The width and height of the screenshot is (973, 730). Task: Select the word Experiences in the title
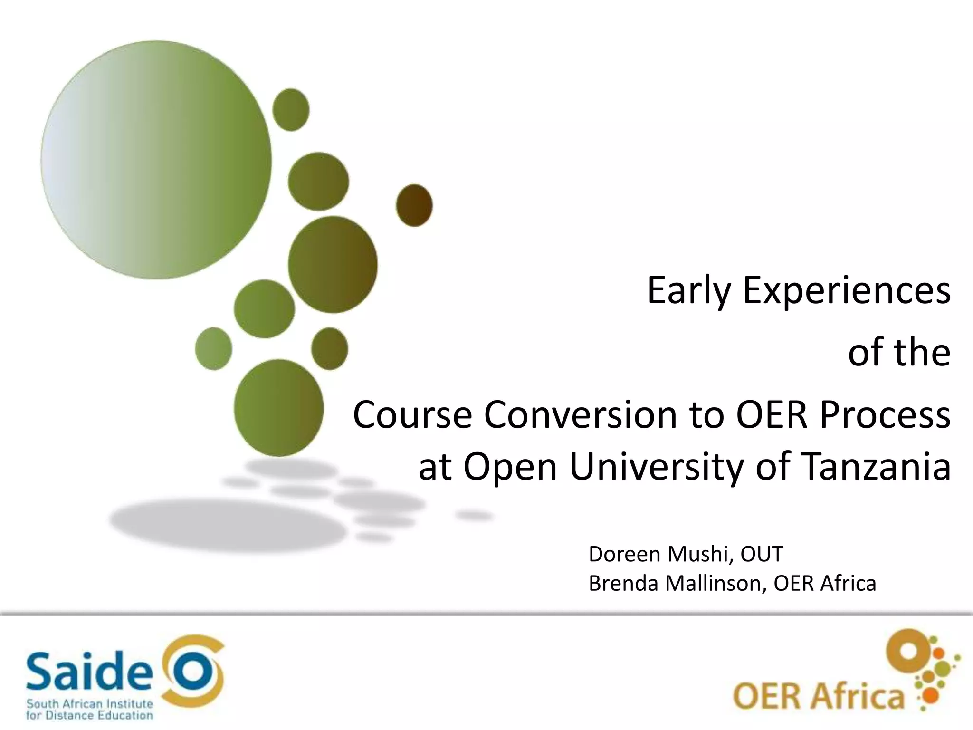click(847, 291)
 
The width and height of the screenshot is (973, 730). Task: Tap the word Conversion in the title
click(580, 414)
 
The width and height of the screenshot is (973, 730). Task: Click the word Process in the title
click(885, 414)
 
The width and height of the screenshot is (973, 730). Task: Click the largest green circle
click(156, 160)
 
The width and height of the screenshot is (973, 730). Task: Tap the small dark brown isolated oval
click(414, 205)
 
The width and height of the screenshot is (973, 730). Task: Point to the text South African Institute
click(89, 704)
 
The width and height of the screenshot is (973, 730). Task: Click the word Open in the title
click(510, 467)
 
